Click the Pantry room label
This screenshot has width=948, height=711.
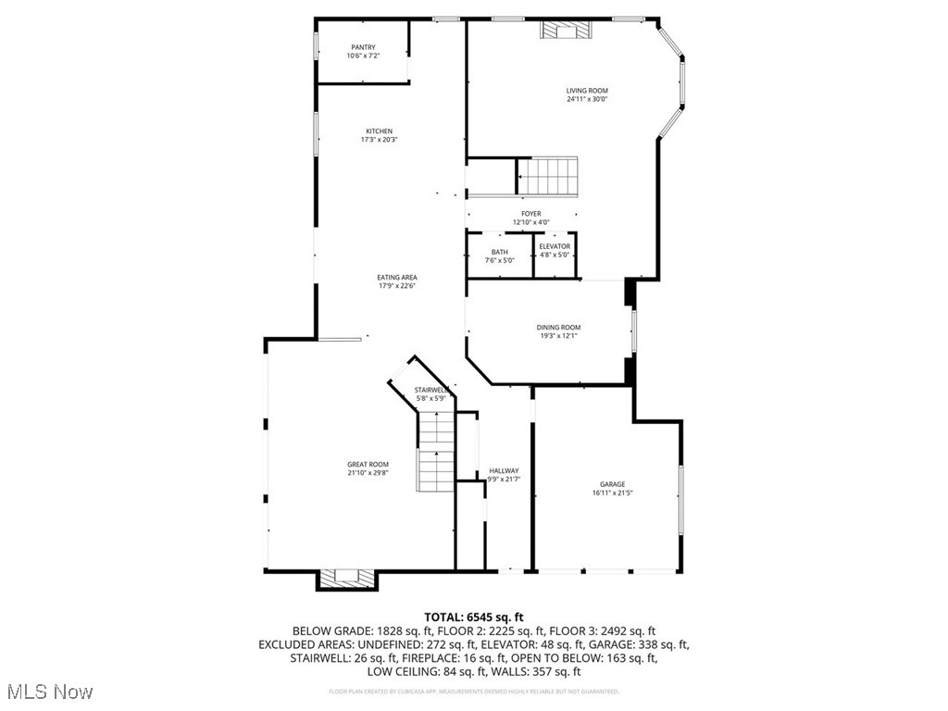[363, 48]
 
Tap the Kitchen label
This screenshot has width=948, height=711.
[379, 131]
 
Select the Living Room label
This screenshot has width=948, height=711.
[587, 91]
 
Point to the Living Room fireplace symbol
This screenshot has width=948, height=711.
[564, 31]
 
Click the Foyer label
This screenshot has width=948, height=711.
[530, 214]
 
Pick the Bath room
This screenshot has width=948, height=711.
[499, 256]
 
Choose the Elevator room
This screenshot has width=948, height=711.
[555, 256]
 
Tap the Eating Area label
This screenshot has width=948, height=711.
[396, 278]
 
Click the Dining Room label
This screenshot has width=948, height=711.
[558, 328]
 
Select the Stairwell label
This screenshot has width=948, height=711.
[431, 390]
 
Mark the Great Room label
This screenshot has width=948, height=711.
[368, 465]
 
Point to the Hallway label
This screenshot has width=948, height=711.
[505, 471]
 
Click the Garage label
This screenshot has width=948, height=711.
[612, 484]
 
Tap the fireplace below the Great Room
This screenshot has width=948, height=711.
[347, 579]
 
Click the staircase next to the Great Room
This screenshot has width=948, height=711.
[436, 454]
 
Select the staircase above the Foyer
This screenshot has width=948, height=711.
[546, 175]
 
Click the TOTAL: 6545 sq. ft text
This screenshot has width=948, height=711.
[474, 617]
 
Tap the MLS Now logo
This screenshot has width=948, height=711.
[50, 692]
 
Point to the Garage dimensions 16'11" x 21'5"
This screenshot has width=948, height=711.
[612, 493]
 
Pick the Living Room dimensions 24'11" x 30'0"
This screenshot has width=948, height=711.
[587, 99]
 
